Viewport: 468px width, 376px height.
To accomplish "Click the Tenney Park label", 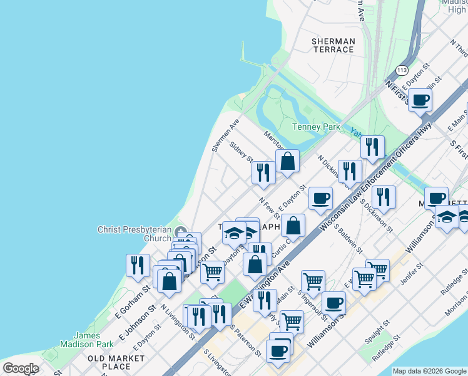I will click(316, 127).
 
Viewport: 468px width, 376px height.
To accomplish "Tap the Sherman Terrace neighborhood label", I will click(333, 45).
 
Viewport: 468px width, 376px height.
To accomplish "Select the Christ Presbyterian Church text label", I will click(134, 234).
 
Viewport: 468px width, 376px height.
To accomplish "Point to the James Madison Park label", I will click(87, 340).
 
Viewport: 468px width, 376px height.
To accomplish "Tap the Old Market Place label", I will click(116, 362).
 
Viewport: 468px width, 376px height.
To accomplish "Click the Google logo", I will click(21, 368).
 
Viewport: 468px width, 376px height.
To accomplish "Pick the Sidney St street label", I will click(241, 152).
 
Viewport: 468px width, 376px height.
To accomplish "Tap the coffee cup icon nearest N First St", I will click(420, 99).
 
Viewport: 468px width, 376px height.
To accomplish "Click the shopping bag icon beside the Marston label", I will click(287, 161).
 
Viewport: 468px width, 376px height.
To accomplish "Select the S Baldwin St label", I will click(348, 238).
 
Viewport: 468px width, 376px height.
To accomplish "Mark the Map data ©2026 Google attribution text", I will click(429, 371).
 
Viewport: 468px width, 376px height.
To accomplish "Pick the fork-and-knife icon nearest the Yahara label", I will click(372, 146).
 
